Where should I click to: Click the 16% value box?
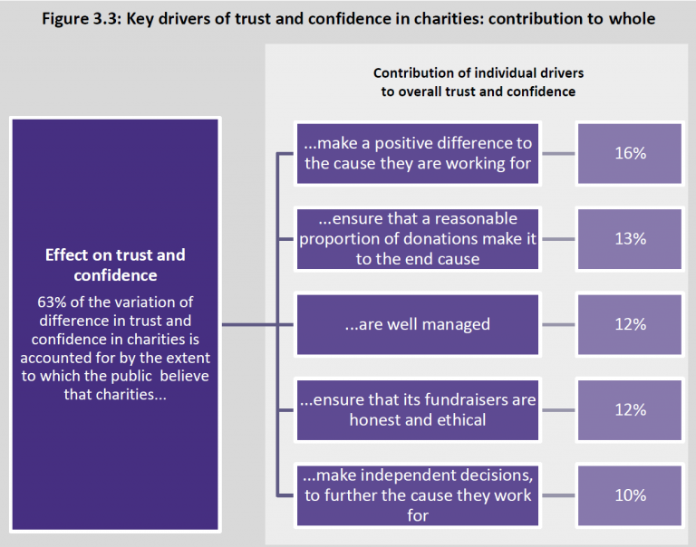point(630,153)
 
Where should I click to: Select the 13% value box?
point(630,239)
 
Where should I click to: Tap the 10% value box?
point(630,495)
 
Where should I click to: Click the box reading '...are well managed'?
point(417,324)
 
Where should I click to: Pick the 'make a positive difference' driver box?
point(417,153)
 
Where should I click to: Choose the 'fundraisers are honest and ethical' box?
point(417,409)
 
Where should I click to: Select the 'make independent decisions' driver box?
point(417,495)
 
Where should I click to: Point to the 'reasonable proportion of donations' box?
point(417,239)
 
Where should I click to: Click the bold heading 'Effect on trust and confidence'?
point(115,264)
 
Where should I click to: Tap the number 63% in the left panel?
point(52,302)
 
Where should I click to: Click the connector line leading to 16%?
point(558,153)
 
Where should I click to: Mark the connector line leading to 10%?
point(558,495)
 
